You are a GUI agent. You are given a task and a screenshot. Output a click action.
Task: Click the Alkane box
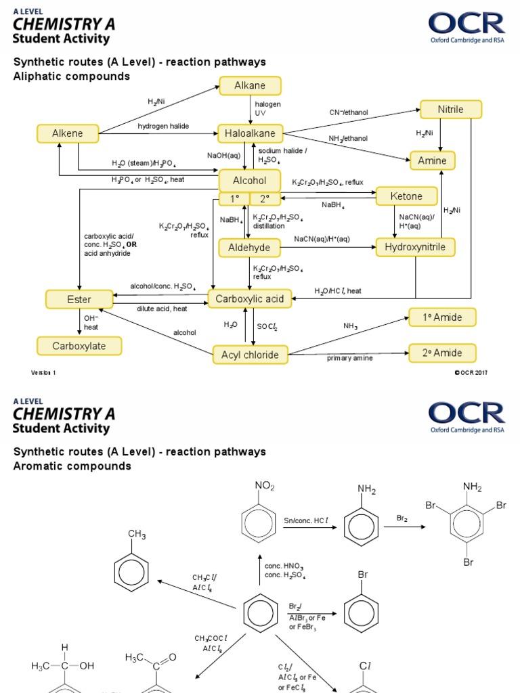tap(250, 86)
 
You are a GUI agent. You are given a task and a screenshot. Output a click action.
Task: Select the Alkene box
tap(68, 133)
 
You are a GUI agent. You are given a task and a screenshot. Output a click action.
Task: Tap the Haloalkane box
tap(250, 134)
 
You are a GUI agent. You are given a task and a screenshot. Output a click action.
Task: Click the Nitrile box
tap(450, 110)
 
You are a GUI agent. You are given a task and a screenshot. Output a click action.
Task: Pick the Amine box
tap(432, 160)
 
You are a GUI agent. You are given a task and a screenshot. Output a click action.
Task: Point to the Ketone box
tap(406, 196)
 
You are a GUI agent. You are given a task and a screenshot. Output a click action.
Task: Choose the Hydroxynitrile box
tap(415, 247)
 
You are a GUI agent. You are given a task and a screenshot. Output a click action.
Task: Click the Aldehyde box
tap(249, 248)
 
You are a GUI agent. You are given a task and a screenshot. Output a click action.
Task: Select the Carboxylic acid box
tap(250, 298)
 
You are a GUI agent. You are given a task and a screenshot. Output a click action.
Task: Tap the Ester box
tap(79, 298)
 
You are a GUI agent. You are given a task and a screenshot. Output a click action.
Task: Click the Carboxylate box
tap(79, 346)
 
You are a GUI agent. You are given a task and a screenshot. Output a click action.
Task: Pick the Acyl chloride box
tap(250, 354)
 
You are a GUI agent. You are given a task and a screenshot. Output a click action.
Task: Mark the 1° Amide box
tap(442, 317)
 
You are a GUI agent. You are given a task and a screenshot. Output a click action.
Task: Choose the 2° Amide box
tap(442, 353)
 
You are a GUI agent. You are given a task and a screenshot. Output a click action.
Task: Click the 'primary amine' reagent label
tap(349, 358)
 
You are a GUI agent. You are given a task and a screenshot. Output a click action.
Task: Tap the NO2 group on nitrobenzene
tap(264, 485)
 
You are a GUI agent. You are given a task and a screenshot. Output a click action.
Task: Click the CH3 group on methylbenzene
tap(137, 535)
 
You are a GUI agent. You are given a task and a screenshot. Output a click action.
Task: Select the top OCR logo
tap(467, 28)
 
